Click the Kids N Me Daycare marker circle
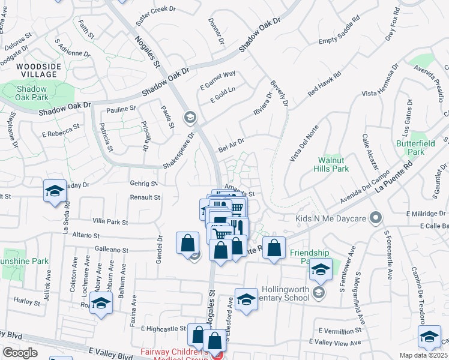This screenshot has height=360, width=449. pyautogui.click(x=376, y=217)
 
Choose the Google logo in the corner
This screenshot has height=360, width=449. pyautogui.click(x=20, y=353)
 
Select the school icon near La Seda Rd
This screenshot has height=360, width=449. pyautogui.click(x=55, y=191)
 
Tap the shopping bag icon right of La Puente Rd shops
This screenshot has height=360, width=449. pyautogui.click(x=274, y=247)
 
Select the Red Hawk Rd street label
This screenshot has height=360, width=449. pyautogui.click(x=324, y=85)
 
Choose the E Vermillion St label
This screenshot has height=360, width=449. pyautogui.click(x=341, y=331)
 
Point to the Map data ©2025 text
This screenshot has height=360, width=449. pyautogui.click(x=424, y=355)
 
